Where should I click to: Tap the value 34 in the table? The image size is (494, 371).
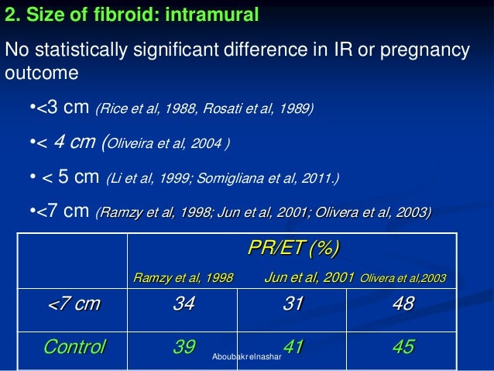coord(184,304)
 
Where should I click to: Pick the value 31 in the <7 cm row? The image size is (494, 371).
coord(293,304)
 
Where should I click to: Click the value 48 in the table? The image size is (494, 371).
coord(403,304)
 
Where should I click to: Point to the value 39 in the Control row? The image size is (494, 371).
coord(184,346)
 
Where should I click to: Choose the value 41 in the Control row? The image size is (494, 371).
coord(293,346)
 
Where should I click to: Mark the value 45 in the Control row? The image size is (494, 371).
coord(403,346)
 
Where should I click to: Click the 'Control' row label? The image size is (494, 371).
coord(74,346)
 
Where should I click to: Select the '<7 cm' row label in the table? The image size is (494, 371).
coord(74,304)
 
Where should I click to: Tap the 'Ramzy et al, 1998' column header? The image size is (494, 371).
coord(184,277)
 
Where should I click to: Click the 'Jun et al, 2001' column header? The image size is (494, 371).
coord(309,277)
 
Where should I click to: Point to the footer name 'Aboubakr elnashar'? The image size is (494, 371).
coord(247,357)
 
